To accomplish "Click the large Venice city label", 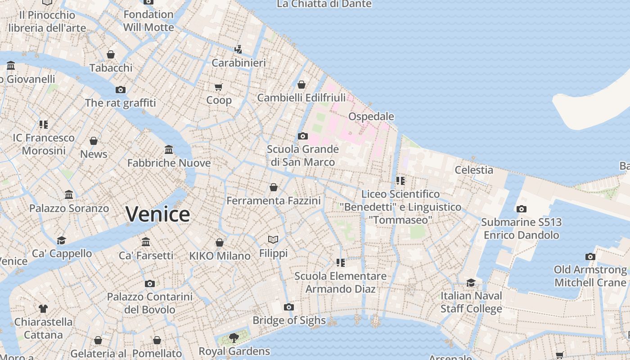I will click(157, 214).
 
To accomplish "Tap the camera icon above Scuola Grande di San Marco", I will click(303, 136).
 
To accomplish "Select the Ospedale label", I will click(371, 117).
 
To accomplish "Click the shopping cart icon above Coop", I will click(219, 87).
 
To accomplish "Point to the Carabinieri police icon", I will click(238, 49).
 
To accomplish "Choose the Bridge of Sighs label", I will click(289, 320).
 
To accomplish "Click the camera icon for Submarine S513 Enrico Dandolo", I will click(522, 209).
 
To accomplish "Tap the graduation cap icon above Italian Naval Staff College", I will click(471, 283).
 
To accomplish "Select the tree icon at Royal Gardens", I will click(234, 337).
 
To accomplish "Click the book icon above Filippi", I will click(273, 239).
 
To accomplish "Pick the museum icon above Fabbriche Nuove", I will click(169, 149).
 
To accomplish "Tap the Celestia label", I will click(474, 170).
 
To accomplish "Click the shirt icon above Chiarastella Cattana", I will click(43, 309).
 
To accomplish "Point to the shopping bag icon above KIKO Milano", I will click(220, 243).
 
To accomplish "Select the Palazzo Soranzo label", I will click(69, 208).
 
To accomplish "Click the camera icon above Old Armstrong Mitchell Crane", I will click(590, 256).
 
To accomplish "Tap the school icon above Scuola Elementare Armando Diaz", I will click(341, 262).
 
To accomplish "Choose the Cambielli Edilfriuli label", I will click(301, 98).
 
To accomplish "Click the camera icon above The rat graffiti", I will click(121, 90).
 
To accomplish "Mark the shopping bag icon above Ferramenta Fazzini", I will click(274, 187).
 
